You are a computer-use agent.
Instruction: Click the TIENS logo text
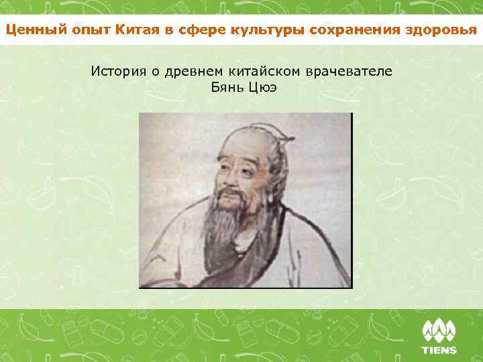pyautogui.click(x=439, y=349)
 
